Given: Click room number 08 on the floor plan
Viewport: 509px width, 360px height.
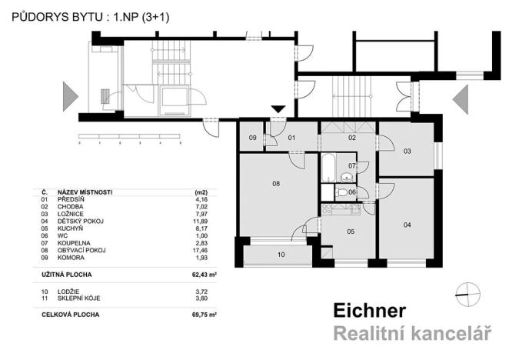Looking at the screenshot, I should click(x=274, y=184).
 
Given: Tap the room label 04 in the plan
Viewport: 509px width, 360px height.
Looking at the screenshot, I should click(x=407, y=224).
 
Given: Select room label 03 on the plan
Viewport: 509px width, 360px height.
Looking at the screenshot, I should click(x=407, y=151).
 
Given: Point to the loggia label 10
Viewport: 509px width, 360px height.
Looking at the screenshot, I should click(x=281, y=253).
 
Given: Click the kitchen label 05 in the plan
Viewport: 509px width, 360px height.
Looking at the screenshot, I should click(x=350, y=231).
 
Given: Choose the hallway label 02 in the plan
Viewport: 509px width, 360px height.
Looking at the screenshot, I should click(x=351, y=138).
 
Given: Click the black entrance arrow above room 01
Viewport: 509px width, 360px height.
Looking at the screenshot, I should click(x=279, y=110).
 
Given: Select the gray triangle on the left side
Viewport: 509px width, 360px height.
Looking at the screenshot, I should click(x=71, y=98).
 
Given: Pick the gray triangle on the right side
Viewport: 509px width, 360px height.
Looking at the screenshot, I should click(x=461, y=98).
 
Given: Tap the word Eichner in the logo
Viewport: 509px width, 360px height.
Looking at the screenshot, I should click(x=369, y=311).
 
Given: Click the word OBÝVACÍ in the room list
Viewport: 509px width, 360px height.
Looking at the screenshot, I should click(x=69, y=250).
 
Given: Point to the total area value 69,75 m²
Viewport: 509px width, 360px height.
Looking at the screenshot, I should click(x=208, y=315).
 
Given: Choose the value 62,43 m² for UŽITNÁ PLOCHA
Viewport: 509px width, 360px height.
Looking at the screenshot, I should click(x=208, y=274).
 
